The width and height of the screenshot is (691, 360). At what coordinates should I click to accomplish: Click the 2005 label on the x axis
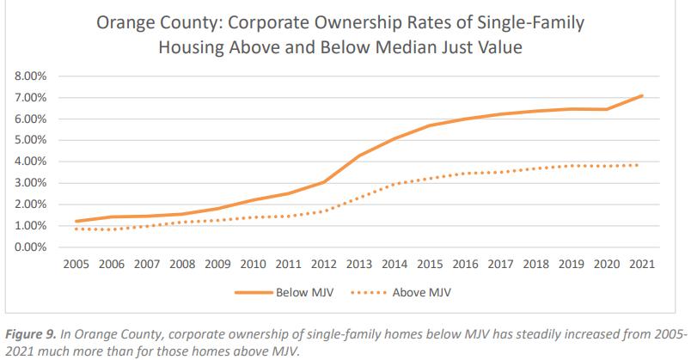tap(78, 263)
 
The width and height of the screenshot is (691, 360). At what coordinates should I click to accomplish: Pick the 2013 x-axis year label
tap(360, 263)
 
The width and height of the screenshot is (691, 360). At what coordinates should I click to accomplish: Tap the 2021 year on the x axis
tap(641, 263)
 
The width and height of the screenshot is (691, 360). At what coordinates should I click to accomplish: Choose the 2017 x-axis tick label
tap(500, 263)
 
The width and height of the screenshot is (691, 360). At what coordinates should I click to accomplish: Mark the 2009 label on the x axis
tap(219, 263)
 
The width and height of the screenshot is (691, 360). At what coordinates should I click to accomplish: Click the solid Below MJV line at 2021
tap(642, 96)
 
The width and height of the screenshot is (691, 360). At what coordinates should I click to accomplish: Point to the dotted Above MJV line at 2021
tap(642, 165)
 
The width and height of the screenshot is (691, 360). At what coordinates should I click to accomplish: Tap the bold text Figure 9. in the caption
tap(33, 333)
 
